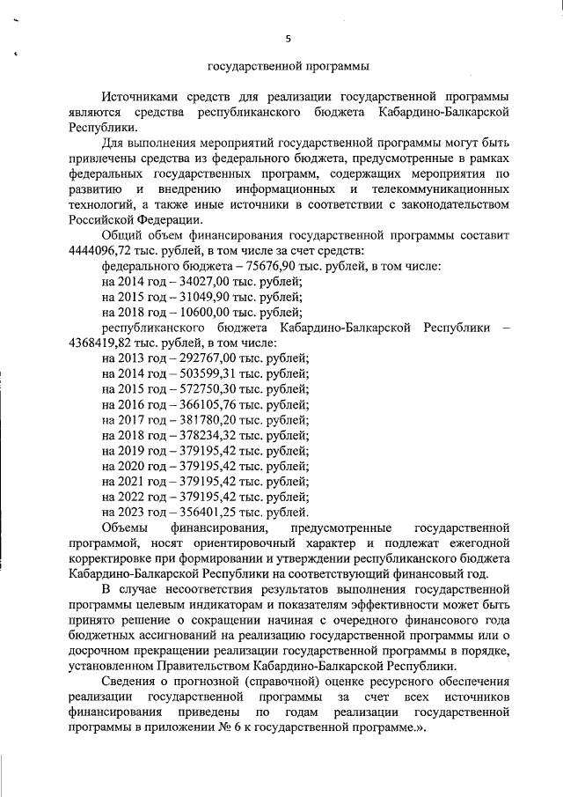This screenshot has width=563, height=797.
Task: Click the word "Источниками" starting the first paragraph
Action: pos(140,97)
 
